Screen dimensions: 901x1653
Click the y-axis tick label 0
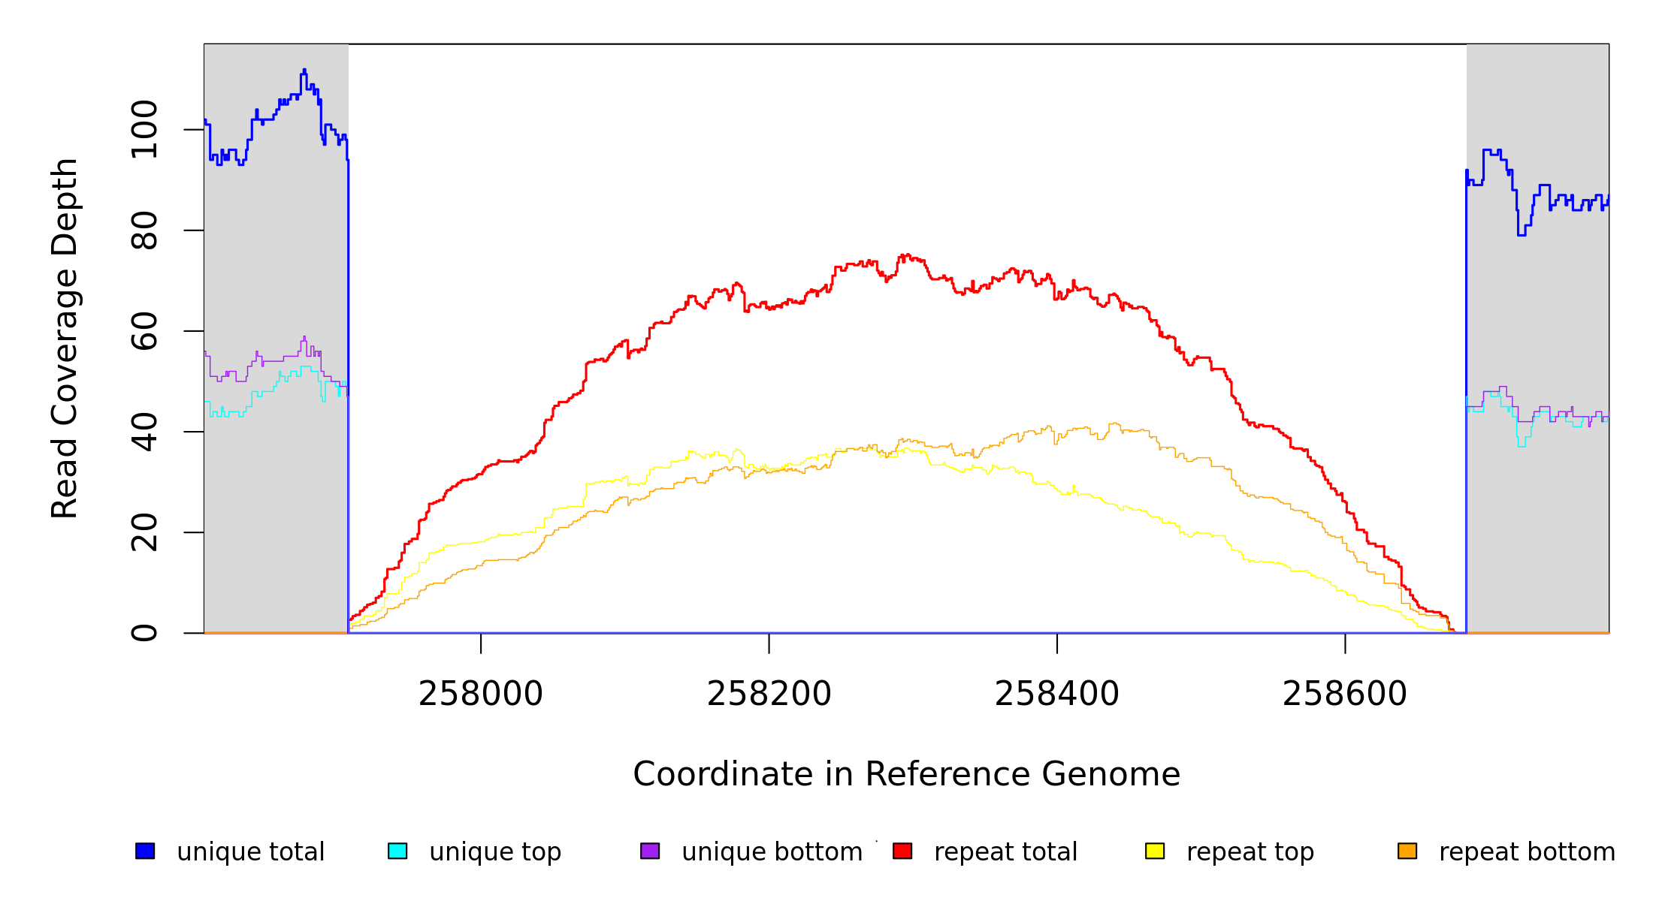144,633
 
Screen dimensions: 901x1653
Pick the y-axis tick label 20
144,532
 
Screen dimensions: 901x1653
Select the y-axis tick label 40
144,432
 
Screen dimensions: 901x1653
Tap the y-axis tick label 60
144,331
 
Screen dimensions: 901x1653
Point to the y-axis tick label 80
144,231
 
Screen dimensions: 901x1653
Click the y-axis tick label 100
144,130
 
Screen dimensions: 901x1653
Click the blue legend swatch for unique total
145,851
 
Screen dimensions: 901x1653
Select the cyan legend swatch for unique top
397,851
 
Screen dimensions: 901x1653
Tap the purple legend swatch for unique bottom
650,851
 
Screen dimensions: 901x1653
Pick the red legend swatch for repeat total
902,851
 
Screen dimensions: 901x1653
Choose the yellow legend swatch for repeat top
1155,851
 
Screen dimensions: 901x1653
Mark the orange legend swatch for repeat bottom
1407,851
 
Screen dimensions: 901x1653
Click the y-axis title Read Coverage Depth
65,338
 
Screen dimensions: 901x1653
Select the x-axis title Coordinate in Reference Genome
906,774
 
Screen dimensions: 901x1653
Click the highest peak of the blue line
304,70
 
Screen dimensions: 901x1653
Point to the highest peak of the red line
907,255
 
